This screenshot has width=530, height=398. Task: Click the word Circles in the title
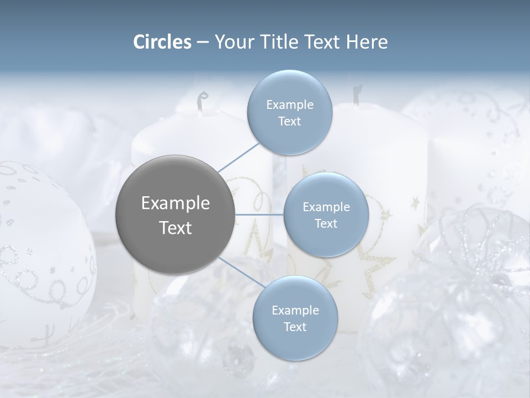coord(162,42)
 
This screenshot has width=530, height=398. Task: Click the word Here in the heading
coord(367,42)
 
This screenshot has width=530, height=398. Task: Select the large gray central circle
coord(175,214)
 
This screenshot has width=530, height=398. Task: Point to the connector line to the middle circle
coord(259,214)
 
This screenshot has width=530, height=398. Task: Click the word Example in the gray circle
coord(175,203)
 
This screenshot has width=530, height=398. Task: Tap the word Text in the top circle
coord(289,121)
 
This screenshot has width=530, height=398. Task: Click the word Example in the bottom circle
coord(295,310)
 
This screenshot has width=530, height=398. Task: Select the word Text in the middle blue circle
coord(326,223)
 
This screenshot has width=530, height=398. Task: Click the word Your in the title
coord(231,42)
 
